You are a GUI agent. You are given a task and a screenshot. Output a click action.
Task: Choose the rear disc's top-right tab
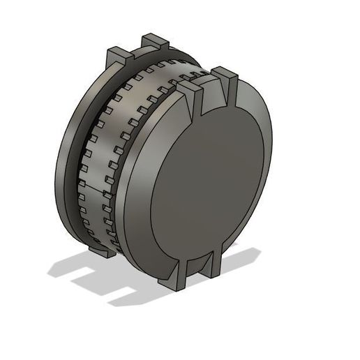155,43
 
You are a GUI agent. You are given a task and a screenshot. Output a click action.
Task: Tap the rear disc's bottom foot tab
101,250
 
